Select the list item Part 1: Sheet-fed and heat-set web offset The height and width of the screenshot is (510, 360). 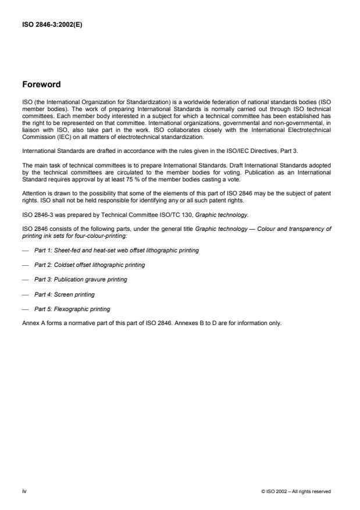click(x=116, y=250)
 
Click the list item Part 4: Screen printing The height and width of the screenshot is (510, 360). click(x=64, y=294)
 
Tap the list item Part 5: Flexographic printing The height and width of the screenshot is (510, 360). click(x=72, y=309)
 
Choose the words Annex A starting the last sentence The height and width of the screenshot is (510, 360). click(x=31, y=323)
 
